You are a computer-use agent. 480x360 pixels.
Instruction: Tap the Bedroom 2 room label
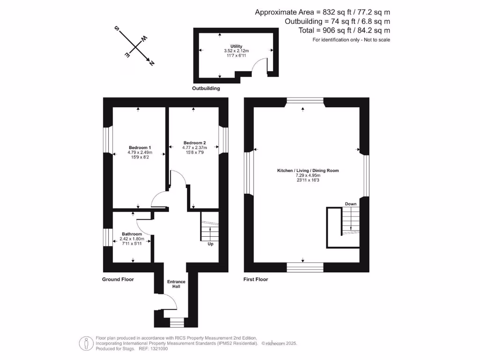tap(195, 143)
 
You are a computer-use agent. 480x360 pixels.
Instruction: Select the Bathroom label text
tap(132, 234)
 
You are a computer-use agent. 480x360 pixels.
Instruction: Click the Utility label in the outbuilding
tap(236, 46)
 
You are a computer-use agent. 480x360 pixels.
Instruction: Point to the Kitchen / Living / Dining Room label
tap(307, 171)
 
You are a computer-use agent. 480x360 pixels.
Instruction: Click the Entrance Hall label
tap(176, 284)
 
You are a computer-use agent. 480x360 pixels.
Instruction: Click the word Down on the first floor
tap(351, 204)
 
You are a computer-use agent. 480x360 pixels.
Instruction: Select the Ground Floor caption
tap(118, 279)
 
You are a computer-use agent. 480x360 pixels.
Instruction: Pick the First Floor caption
tap(256, 279)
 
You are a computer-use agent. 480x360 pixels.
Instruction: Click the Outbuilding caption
tap(206, 88)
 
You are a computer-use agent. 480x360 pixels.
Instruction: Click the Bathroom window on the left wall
tap(106, 237)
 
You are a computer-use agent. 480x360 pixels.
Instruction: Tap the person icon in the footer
tap(86, 343)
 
